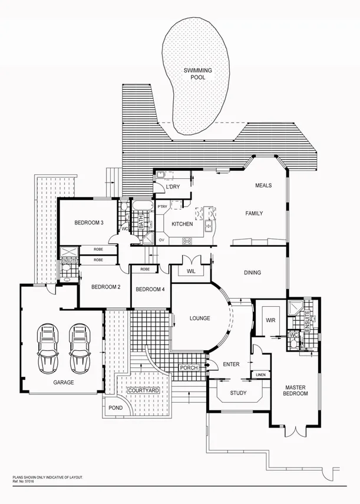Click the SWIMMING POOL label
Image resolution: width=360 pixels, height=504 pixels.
pyautogui.click(x=197, y=74)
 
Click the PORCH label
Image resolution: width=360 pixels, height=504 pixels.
pyautogui.click(x=189, y=368)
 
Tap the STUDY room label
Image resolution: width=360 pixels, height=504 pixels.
pyautogui.click(x=238, y=393)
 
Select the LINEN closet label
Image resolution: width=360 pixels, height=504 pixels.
pyautogui.click(x=260, y=374)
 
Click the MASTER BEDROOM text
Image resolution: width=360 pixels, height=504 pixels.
pyautogui.click(x=295, y=391)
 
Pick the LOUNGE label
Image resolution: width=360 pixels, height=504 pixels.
pyautogui.click(x=200, y=319)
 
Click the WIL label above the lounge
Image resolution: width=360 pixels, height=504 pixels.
pyautogui.click(x=190, y=271)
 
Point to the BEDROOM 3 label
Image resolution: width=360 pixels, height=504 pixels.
pyautogui.click(x=89, y=223)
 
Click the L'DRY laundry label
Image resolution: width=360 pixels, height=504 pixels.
pyautogui.click(x=173, y=187)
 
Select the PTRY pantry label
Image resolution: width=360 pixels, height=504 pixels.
pyautogui.click(x=163, y=206)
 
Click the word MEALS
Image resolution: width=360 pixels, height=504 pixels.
pyautogui.click(x=263, y=185)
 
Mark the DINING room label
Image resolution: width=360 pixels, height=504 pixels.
pyautogui.click(x=252, y=273)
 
